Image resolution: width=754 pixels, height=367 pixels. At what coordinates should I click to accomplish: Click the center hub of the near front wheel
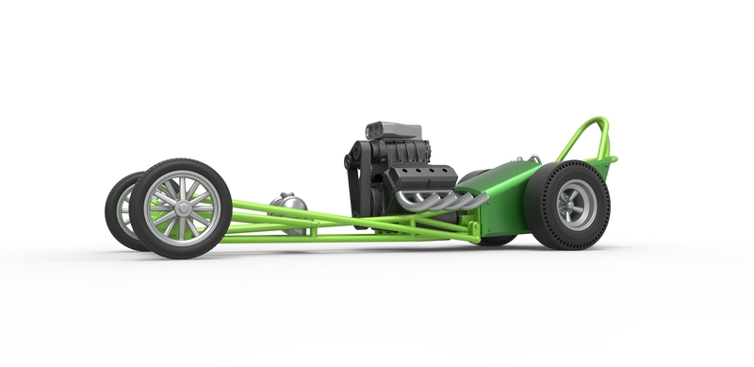179,208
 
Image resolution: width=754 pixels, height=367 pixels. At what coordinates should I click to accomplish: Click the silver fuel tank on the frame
287,207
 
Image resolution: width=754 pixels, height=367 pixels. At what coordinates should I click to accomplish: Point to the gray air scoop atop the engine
396,130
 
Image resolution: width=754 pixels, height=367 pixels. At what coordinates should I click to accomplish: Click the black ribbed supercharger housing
396,156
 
